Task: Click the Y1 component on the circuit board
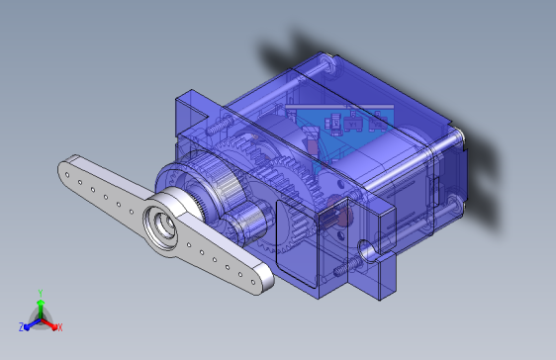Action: click(x=352, y=125)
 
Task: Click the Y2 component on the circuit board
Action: click(x=378, y=125)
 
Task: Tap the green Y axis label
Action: click(x=41, y=293)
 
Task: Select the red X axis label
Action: click(x=60, y=327)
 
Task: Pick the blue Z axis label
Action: click(x=22, y=327)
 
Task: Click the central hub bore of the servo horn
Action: click(x=165, y=225)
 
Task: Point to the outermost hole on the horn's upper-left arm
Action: click(x=67, y=174)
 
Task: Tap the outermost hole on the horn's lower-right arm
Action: click(x=253, y=282)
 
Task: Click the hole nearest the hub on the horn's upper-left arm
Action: click(x=132, y=212)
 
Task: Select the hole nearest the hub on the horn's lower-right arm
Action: click(x=189, y=245)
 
